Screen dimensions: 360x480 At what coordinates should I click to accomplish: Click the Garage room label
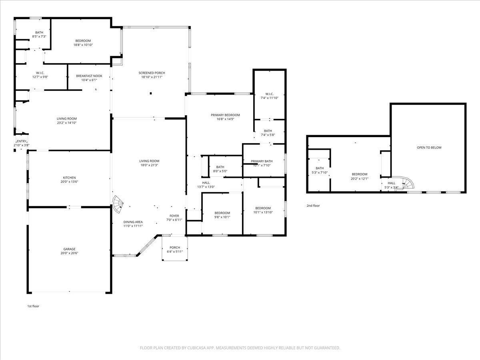69,249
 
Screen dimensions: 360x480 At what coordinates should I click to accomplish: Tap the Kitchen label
69,178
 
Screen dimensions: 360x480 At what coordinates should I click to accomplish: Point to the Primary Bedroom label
225,115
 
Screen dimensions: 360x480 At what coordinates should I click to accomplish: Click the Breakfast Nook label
89,76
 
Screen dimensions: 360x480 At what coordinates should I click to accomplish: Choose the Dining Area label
133,222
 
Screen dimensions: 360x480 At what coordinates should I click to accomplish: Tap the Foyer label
174,216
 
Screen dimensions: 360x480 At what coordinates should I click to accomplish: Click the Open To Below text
429,148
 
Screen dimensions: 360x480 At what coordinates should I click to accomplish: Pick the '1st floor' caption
33,306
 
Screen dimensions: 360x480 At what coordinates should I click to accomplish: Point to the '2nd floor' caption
313,206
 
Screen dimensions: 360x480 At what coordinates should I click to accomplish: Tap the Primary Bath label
262,161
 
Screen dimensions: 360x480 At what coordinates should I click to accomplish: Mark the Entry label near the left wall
22,141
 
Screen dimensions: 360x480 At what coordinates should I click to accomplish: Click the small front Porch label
175,247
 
